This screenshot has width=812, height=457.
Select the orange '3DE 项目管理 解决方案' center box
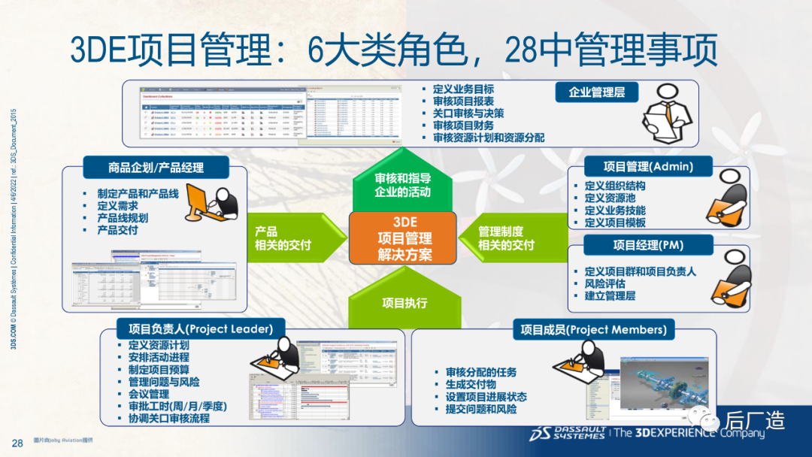(x=402, y=238)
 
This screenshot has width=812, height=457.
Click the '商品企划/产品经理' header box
(x=155, y=167)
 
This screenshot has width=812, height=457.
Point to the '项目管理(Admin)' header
(x=648, y=166)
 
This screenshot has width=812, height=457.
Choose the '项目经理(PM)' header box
(x=648, y=244)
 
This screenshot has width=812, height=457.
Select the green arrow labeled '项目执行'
(x=404, y=303)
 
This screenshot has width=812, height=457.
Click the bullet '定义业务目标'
(x=463, y=89)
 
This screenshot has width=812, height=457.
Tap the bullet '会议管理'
(x=148, y=394)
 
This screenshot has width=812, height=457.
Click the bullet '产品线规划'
(x=123, y=218)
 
